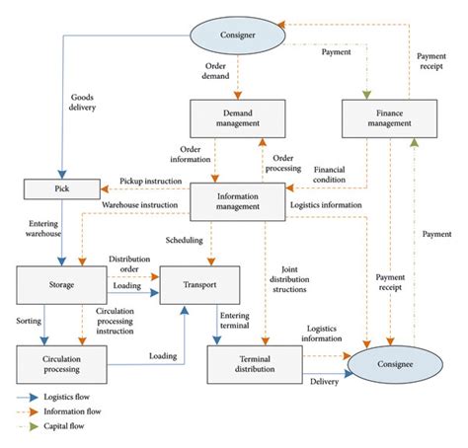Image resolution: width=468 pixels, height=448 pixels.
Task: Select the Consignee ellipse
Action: point(380,363)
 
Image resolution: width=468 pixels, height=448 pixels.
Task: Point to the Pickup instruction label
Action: point(152,182)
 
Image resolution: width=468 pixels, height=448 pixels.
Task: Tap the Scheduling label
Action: point(186,239)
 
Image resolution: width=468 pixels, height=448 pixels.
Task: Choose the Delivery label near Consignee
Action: point(324,381)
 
